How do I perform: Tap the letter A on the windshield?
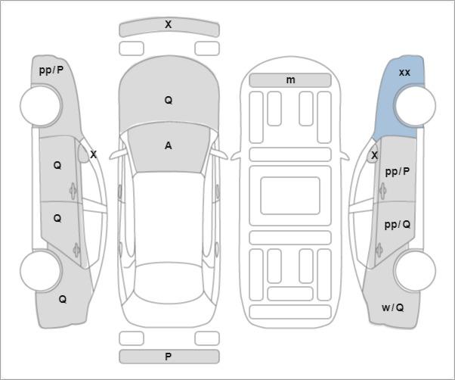169,145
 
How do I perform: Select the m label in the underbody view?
290,80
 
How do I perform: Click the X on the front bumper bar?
168,24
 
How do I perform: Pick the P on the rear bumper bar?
168,357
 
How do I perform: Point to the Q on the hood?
169,100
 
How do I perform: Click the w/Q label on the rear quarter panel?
392,307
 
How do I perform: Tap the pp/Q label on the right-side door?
398,225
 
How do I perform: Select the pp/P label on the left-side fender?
51,70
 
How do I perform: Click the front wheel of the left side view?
42,106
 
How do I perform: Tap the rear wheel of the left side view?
42,271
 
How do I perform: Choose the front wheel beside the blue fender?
415,105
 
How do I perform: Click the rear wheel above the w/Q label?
415,271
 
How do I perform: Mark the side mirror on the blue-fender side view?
373,155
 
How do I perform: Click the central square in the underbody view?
290,195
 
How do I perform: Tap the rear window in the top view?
169,283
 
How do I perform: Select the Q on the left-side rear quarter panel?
63,299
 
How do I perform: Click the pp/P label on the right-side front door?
398,172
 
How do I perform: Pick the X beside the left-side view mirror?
93,155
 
